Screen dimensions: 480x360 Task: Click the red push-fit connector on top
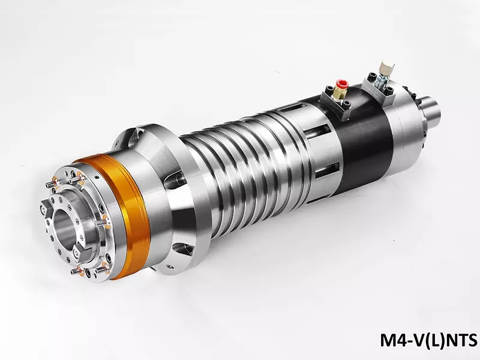[341, 84]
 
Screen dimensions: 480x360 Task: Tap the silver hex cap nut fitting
[386, 67]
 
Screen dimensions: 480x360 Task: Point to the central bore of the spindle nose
[64, 227]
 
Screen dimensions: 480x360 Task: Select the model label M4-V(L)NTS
[428, 340]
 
